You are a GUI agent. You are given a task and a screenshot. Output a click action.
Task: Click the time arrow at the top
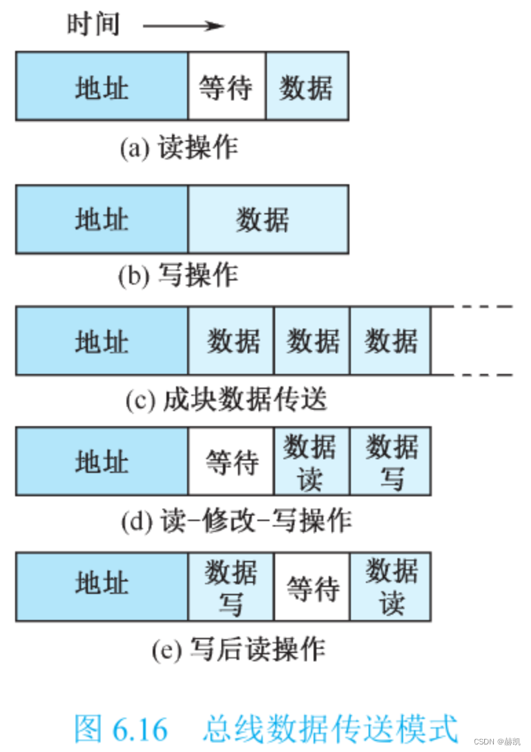coord(183,26)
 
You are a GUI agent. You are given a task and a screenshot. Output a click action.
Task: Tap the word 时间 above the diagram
coord(94,25)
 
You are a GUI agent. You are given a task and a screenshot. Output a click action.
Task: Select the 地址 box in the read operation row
coord(102,86)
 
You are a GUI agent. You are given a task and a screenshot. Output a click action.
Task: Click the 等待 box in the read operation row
coord(226,86)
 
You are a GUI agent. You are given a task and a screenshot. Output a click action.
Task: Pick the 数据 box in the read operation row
coord(307,86)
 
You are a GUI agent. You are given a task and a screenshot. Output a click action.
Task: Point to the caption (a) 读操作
coord(179,148)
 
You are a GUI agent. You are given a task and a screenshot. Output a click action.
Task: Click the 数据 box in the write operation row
coord(268,219)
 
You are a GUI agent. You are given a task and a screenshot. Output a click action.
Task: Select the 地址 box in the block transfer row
coord(102,341)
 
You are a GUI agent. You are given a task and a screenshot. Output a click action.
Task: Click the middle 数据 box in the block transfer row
coord(312,341)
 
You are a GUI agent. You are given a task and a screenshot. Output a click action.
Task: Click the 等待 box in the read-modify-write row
coord(231,461)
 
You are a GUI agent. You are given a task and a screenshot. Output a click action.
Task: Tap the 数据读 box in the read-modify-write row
coord(312,461)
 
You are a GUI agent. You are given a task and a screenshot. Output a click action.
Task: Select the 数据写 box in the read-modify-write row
coord(391,461)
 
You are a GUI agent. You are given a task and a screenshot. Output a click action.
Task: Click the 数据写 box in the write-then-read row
coord(231,586)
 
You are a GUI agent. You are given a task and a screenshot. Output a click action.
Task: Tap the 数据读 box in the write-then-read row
coord(391,586)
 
